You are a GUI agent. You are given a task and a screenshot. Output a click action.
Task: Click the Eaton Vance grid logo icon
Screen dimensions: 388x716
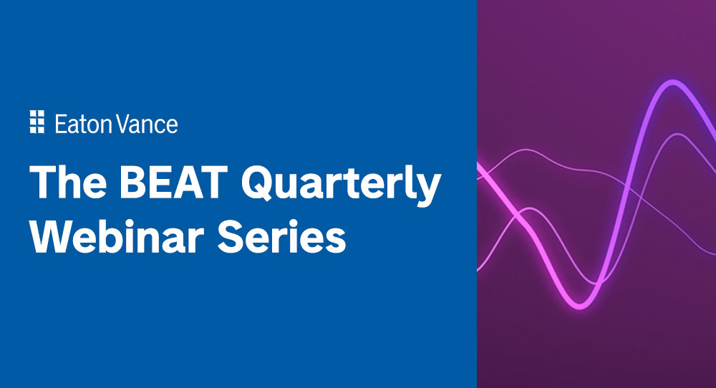click(x=37, y=122)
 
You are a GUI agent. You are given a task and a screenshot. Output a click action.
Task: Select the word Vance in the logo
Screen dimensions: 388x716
click(x=149, y=124)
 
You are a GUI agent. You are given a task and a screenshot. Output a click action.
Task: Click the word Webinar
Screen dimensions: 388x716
click(x=122, y=236)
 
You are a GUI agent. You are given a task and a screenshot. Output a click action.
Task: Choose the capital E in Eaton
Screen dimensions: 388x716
click(x=60, y=124)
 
